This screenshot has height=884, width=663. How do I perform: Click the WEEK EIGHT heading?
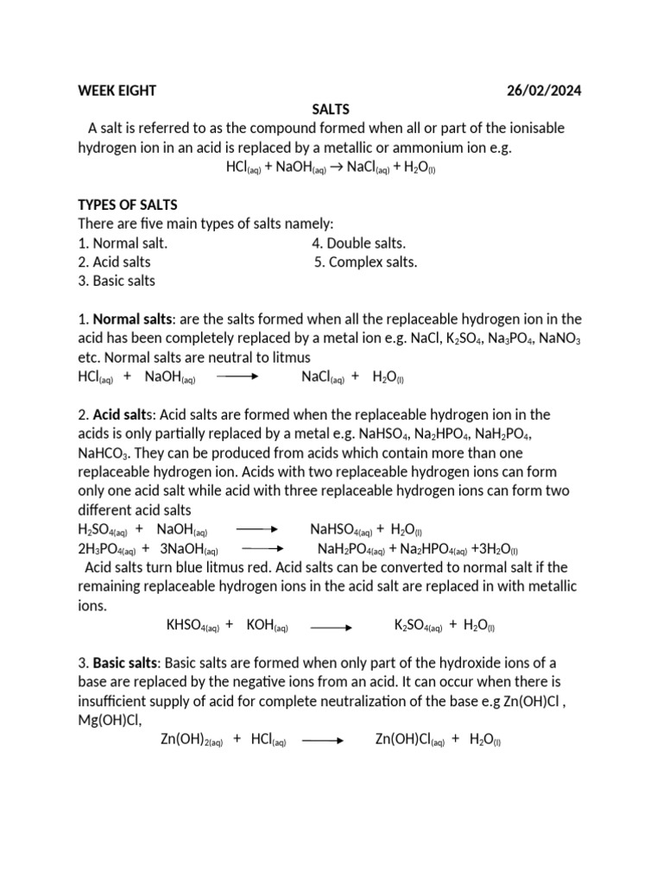point(117,91)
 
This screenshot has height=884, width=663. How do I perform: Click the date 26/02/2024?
point(543,91)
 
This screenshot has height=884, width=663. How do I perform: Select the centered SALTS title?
point(331,110)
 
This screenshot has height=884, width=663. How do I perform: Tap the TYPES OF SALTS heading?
point(128,205)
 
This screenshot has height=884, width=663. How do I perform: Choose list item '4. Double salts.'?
point(358,243)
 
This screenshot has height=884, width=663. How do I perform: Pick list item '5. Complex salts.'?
point(366,262)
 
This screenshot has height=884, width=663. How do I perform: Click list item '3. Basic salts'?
point(117,281)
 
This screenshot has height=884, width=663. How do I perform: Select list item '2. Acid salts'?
point(114,262)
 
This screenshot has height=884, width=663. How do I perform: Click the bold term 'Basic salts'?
point(126,663)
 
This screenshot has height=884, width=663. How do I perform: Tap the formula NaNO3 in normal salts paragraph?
point(559,339)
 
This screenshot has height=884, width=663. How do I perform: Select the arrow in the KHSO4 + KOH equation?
point(331,627)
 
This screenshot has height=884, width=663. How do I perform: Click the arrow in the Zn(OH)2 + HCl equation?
point(324,741)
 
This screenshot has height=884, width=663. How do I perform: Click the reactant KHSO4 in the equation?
point(192,626)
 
